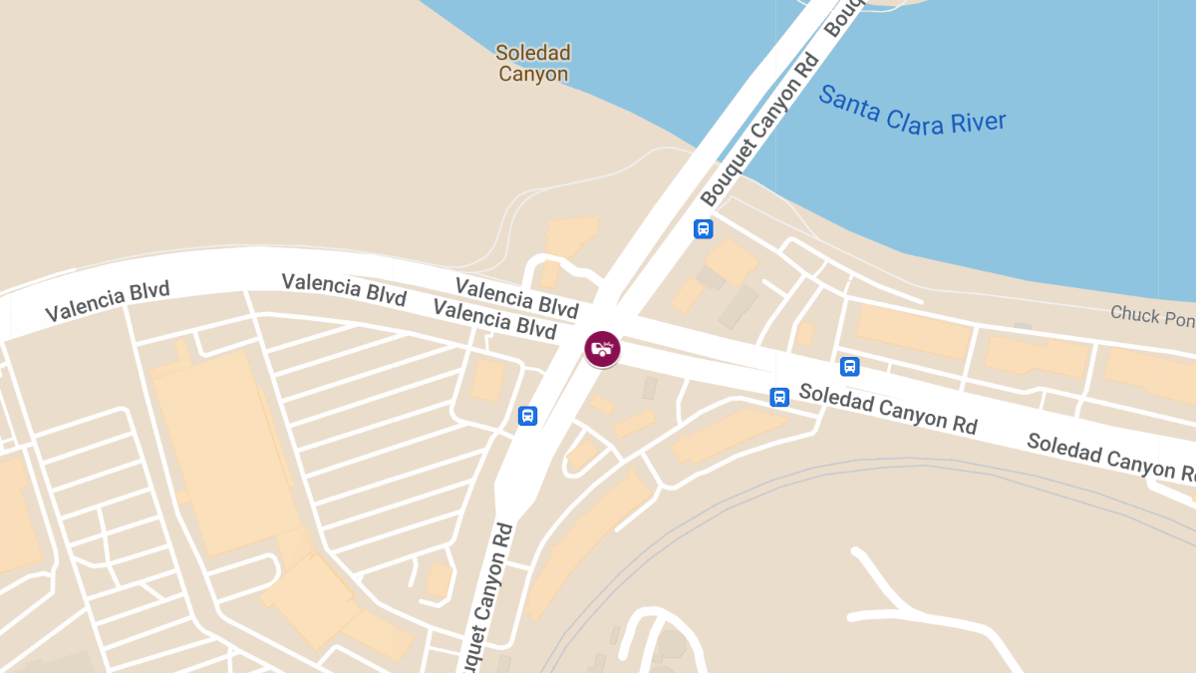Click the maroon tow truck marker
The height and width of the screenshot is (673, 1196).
point(602,348)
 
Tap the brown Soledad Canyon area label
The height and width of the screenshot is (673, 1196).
point(533,63)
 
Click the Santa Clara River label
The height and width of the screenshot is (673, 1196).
point(912,111)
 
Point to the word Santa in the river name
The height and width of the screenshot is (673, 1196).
point(848,103)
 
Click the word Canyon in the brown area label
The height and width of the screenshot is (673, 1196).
point(533,74)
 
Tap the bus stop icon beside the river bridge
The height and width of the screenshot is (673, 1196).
point(703,228)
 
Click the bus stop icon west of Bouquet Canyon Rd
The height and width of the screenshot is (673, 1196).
point(528,416)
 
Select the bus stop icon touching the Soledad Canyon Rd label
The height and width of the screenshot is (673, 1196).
point(779,397)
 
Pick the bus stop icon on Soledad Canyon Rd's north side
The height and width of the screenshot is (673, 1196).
point(849,366)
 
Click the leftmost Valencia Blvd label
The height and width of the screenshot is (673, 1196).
point(108,301)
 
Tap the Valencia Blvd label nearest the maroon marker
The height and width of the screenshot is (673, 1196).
point(494,318)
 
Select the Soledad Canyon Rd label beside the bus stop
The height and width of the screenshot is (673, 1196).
point(888,409)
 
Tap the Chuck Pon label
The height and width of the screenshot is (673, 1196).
point(1152,316)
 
